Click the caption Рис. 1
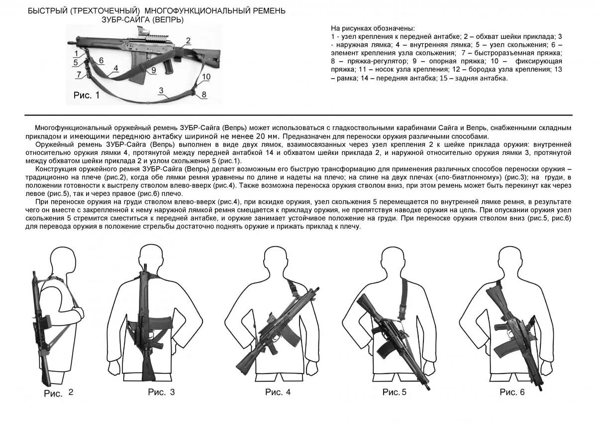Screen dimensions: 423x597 click(87, 96)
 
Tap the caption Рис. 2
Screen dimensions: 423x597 click(59, 393)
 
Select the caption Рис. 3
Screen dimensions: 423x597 click(161, 392)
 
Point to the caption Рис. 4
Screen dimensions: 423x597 click(278, 392)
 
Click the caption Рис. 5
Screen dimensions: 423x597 click(395, 392)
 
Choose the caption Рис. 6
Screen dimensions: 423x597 click(512, 392)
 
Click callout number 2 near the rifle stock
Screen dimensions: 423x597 click(188, 41)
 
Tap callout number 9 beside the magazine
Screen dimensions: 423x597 click(154, 70)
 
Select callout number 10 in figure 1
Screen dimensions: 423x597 click(206, 76)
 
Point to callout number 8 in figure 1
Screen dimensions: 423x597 click(204, 95)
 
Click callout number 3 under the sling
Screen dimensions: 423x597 click(161, 90)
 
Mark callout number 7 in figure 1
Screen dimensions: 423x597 click(78, 74)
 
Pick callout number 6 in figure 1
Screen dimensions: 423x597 click(101, 61)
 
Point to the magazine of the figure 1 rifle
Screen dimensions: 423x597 click(137, 74)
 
